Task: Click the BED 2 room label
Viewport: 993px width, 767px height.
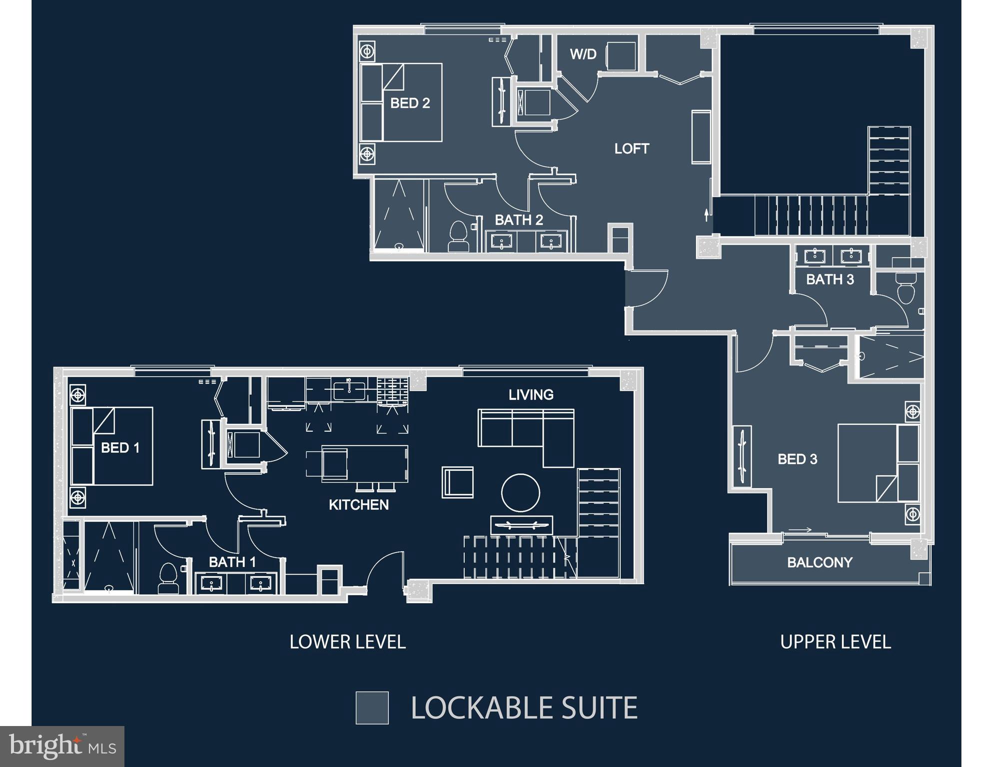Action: pyautogui.click(x=410, y=103)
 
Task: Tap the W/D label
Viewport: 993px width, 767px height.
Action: pyautogui.click(x=583, y=54)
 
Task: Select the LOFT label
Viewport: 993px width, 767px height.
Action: pyautogui.click(x=631, y=148)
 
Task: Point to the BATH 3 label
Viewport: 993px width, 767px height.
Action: pyautogui.click(x=830, y=279)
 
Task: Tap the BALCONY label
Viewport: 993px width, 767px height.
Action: pyautogui.click(x=820, y=562)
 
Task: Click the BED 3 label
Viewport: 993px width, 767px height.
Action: pyautogui.click(x=797, y=459)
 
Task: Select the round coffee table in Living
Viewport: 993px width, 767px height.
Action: pyautogui.click(x=521, y=493)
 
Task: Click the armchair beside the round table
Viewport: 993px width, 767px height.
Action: pyautogui.click(x=457, y=482)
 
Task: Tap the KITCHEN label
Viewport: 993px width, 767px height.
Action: pyautogui.click(x=358, y=505)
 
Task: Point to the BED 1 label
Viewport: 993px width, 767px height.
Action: pyautogui.click(x=120, y=447)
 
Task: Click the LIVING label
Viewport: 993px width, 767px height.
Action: pyautogui.click(x=531, y=395)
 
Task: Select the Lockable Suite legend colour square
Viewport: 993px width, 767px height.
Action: pyautogui.click(x=372, y=708)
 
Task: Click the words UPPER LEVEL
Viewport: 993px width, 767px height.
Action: pyautogui.click(x=835, y=642)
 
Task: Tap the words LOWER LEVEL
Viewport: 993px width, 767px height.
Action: pyautogui.click(x=347, y=642)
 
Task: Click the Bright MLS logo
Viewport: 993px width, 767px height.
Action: pyautogui.click(x=62, y=746)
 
